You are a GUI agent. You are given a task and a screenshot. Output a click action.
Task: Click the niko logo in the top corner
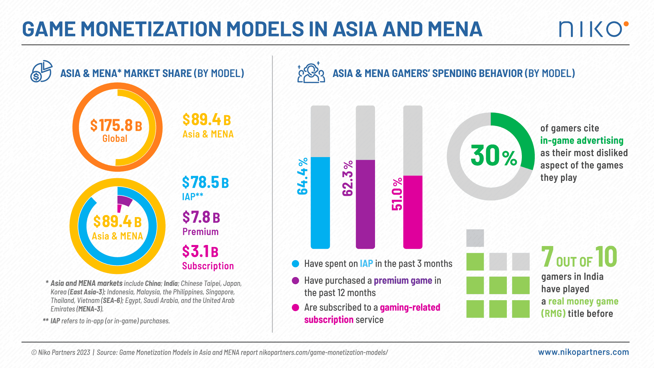[x=593, y=29]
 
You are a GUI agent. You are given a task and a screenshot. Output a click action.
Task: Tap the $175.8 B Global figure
[x=116, y=126]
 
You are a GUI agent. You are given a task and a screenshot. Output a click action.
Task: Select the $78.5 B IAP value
[x=205, y=183]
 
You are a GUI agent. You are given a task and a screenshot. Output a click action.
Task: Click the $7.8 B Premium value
[x=201, y=217]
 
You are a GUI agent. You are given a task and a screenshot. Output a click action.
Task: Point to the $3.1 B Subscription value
[x=200, y=252]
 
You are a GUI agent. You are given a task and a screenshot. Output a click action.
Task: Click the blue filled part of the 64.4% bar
[x=320, y=203]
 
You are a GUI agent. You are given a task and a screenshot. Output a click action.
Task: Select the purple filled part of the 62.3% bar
[x=365, y=204]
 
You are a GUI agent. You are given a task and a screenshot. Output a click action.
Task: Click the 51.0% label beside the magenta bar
[x=397, y=194]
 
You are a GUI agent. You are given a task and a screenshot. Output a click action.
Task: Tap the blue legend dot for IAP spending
[x=295, y=264]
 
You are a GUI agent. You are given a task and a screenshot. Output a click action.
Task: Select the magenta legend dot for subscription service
[x=295, y=308]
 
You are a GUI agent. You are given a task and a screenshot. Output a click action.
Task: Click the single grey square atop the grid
[x=475, y=238]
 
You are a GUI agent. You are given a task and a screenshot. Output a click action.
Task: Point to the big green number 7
[x=547, y=257]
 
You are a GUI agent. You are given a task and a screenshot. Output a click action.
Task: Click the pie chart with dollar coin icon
[x=41, y=72]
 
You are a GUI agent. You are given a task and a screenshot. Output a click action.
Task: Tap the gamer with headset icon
[x=311, y=73]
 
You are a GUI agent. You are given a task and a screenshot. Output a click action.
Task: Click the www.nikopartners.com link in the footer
[x=583, y=352]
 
